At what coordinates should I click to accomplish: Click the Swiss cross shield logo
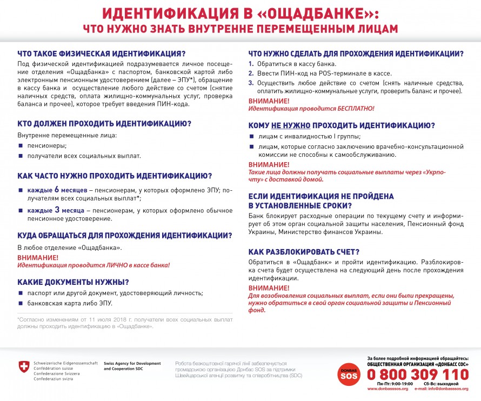[x=24, y=367]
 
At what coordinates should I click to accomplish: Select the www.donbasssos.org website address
[x=388, y=389]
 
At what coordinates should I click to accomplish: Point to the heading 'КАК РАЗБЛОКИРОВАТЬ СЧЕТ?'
[x=304, y=251]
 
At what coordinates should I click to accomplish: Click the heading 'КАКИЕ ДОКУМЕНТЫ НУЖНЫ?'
[x=73, y=282]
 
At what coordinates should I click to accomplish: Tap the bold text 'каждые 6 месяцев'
[x=58, y=190]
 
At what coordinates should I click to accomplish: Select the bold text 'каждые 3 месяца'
[x=57, y=210]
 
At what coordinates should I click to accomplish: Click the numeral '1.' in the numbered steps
[x=251, y=64]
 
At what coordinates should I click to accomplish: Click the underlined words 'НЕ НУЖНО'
[x=290, y=125]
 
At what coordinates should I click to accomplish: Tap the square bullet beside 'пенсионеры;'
[x=21, y=146]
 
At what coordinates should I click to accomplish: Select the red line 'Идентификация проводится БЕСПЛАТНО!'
[x=311, y=109]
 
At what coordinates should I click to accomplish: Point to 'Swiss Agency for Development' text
[x=132, y=363]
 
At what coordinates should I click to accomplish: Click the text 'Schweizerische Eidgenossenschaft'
[x=65, y=363]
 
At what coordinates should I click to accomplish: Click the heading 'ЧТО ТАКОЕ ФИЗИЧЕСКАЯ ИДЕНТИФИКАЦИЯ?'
[x=101, y=54]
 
